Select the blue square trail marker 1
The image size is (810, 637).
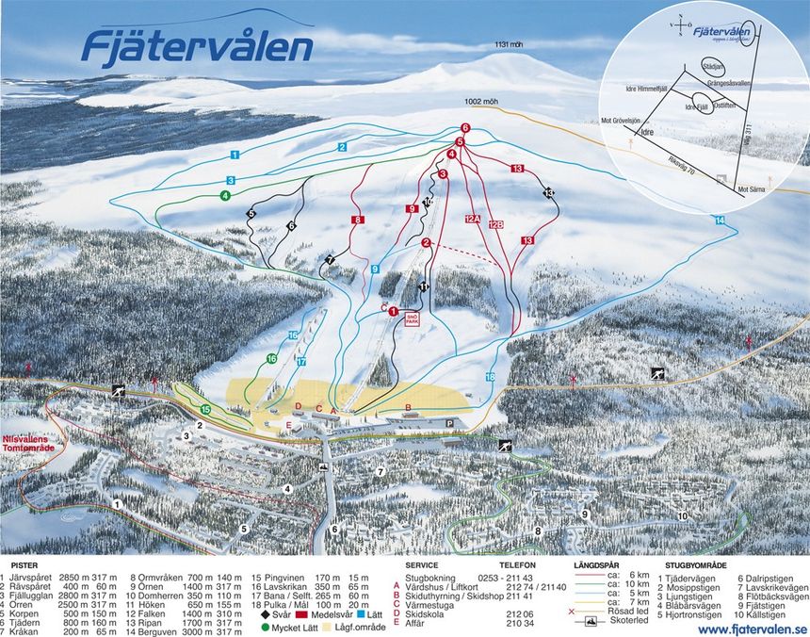(x=234, y=153)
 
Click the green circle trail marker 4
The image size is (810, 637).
(x=225, y=196)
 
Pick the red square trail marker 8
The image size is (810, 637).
(x=357, y=220)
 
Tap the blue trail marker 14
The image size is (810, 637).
(x=720, y=220)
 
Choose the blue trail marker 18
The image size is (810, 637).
(x=490, y=376)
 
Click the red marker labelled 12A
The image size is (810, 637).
(x=472, y=218)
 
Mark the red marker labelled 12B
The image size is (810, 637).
(x=496, y=224)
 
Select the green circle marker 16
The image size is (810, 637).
(x=271, y=358)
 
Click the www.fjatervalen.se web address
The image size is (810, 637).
(x=753, y=629)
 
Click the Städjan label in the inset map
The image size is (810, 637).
(x=713, y=67)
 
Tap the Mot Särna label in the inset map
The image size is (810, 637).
(x=753, y=189)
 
